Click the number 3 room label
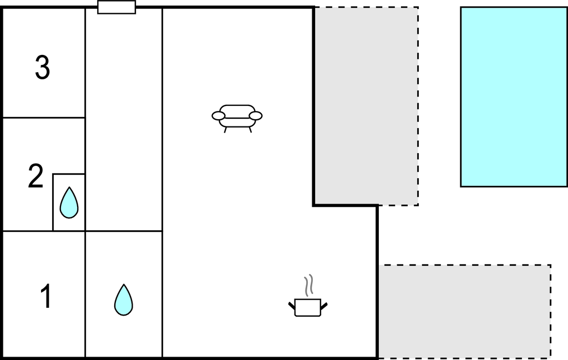(x=42, y=67)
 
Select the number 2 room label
(x=35, y=176)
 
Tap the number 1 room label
(x=45, y=296)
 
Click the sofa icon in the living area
(x=237, y=118)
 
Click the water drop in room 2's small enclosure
(x=69, y=202)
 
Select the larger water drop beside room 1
(x=124, y=300)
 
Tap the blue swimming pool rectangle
(x=514, y=97)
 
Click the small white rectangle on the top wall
(x=116, y=7)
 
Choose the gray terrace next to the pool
(x=366, y=106)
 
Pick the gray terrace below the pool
(x=465, y=312)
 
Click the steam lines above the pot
(x=308, y=285)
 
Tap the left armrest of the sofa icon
(x=219, y=116)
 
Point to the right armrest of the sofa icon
(x=256, y=116)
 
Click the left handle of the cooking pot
(x=292, y=306)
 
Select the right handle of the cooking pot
(x=324, y=306)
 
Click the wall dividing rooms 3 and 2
(x=44, y=118)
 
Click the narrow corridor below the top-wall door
(x=124, y=119)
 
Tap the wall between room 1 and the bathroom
(x=85, y=294)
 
